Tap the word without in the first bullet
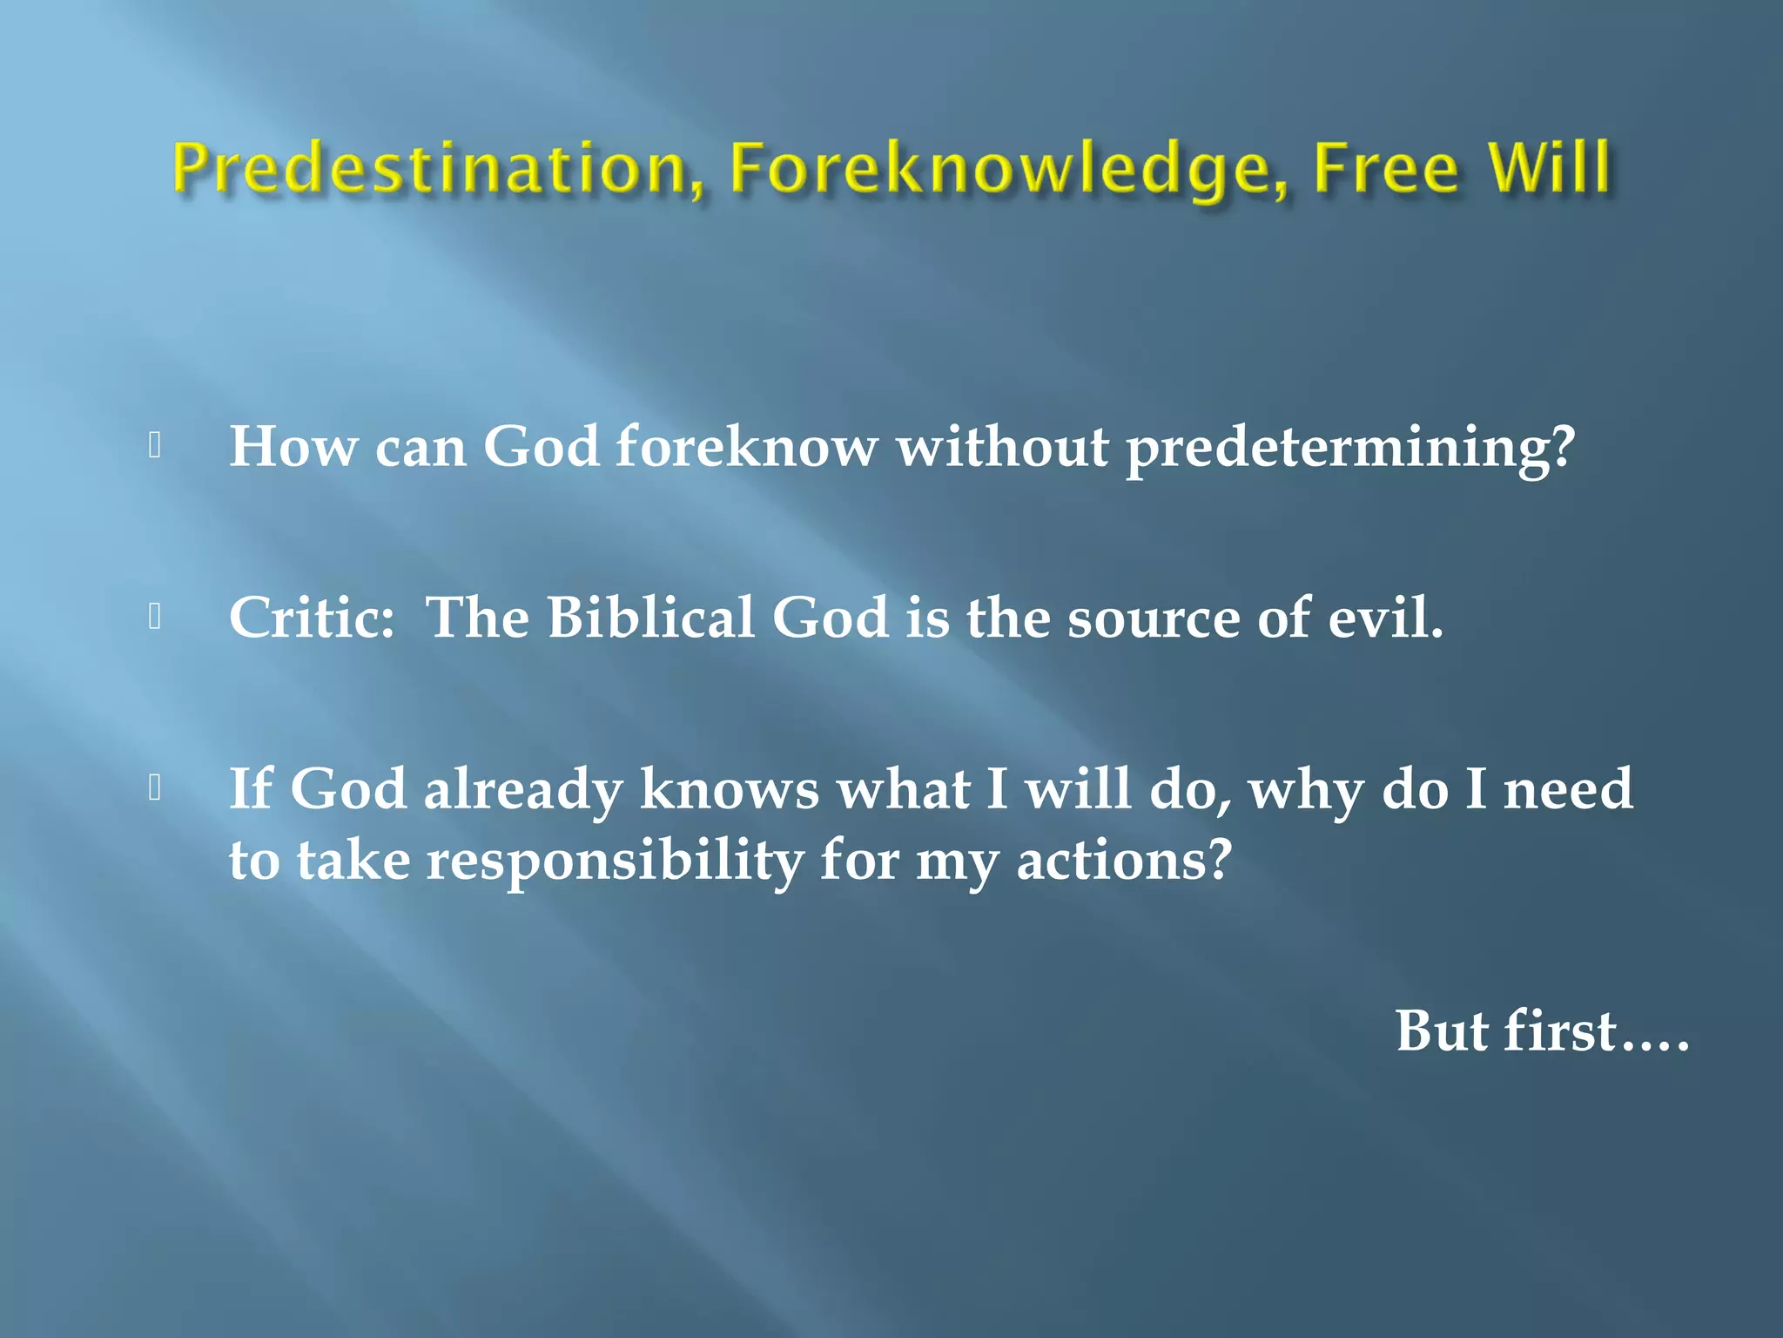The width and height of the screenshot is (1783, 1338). click(1003, 447)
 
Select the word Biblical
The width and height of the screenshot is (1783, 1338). click(650, 618)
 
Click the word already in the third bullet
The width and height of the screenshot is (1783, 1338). click(522, 790)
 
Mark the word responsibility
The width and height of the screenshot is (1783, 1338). click(615, 862)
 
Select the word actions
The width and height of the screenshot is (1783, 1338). click(1123, 860)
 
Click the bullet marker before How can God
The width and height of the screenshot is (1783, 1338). click(155, 446)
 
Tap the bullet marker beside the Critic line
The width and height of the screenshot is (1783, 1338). click(155, 617)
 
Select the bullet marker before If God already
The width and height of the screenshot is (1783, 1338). click(155, 787)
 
